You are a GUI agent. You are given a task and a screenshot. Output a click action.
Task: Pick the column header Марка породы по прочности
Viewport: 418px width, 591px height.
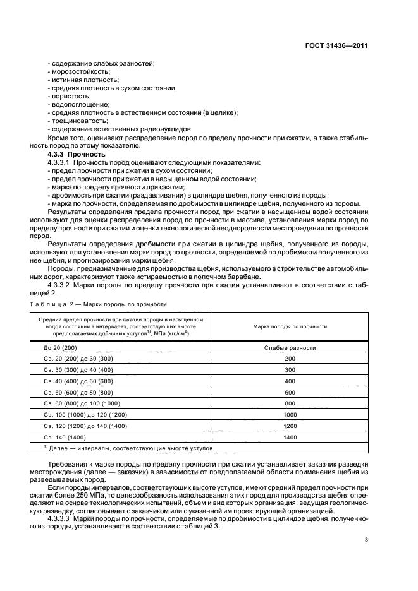coord(290,326)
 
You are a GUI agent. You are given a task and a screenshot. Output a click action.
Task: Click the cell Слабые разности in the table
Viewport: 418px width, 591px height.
coord(290,348)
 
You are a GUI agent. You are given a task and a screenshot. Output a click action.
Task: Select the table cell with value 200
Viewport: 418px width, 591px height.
coord(290,359)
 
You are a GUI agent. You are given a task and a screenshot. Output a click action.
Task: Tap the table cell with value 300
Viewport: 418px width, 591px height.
coord(290,370)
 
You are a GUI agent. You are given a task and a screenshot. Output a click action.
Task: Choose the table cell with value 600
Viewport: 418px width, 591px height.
coord(290,392)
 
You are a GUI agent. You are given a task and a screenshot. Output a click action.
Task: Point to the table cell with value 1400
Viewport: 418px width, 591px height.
coord(290,437)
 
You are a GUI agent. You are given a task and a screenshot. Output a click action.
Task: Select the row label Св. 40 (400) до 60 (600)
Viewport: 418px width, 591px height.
coord(78,381)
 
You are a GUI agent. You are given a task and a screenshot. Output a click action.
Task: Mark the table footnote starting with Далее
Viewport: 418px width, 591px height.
coord(129,448)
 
